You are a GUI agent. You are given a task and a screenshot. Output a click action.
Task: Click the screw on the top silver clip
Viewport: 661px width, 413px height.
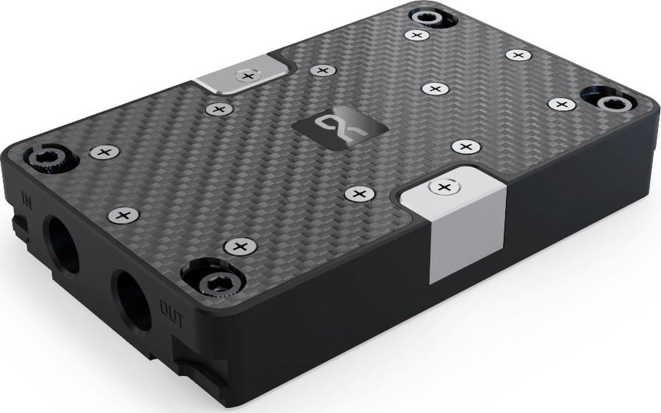pos(248,75)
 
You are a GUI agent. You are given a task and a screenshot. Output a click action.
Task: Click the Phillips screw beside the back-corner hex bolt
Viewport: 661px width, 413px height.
pos(416,34)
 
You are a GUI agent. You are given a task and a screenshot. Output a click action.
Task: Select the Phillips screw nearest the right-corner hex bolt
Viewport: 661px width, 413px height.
pos(561,105)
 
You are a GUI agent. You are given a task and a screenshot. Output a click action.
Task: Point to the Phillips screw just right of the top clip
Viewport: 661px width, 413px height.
pos(321,71)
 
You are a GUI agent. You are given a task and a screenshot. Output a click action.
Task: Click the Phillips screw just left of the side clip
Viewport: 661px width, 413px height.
pos(359,193)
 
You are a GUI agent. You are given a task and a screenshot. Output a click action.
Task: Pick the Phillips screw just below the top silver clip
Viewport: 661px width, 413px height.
pos(218,109)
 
